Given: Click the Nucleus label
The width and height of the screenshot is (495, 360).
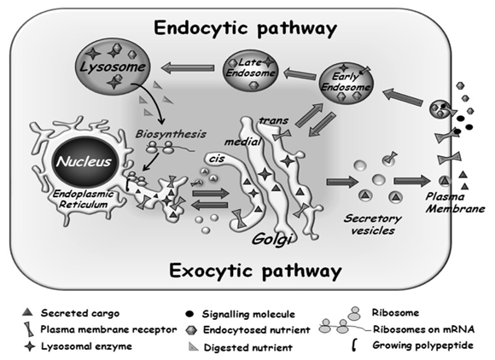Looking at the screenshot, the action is click(x=84, y=161).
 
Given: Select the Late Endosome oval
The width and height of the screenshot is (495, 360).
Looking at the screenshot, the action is click(x=251, y=70).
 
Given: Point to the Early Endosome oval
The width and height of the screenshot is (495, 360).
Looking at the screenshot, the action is click(x=346, y=83).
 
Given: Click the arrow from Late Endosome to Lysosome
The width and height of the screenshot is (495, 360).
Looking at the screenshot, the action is click(x=188, y=68).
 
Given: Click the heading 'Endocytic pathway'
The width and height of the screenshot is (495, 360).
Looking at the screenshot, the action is click(x=245, y=28).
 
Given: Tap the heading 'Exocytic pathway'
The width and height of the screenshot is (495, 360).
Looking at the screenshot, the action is click(x=255, y=271).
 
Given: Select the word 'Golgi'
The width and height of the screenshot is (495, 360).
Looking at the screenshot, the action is click(x=271, y=239).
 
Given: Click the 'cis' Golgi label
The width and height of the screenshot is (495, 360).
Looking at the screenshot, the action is click(x=216, y=159).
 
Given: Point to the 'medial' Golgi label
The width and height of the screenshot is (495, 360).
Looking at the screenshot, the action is click(x=242, y=142).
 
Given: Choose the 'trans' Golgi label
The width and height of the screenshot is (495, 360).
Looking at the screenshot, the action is click(x=273, y=120).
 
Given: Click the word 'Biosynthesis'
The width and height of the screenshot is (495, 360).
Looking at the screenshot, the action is click(x=171, y=134).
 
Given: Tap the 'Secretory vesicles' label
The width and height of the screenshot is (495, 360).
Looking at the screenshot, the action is click(x=372, y=224).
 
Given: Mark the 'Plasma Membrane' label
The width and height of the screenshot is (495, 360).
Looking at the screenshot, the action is click(x=455, y=203).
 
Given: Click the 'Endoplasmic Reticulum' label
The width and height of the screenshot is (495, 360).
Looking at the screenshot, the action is click(x=83, y=199).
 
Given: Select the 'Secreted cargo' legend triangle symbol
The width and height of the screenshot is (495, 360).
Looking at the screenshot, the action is click(x=28, y=312).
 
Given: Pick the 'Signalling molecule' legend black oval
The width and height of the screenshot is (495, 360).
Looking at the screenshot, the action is click(x=189, y=314).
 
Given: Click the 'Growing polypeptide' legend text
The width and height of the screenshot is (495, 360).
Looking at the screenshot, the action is click(x=422, y=345).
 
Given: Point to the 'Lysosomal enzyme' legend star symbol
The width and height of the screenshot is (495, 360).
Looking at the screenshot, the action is click(x=30, y=345).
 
